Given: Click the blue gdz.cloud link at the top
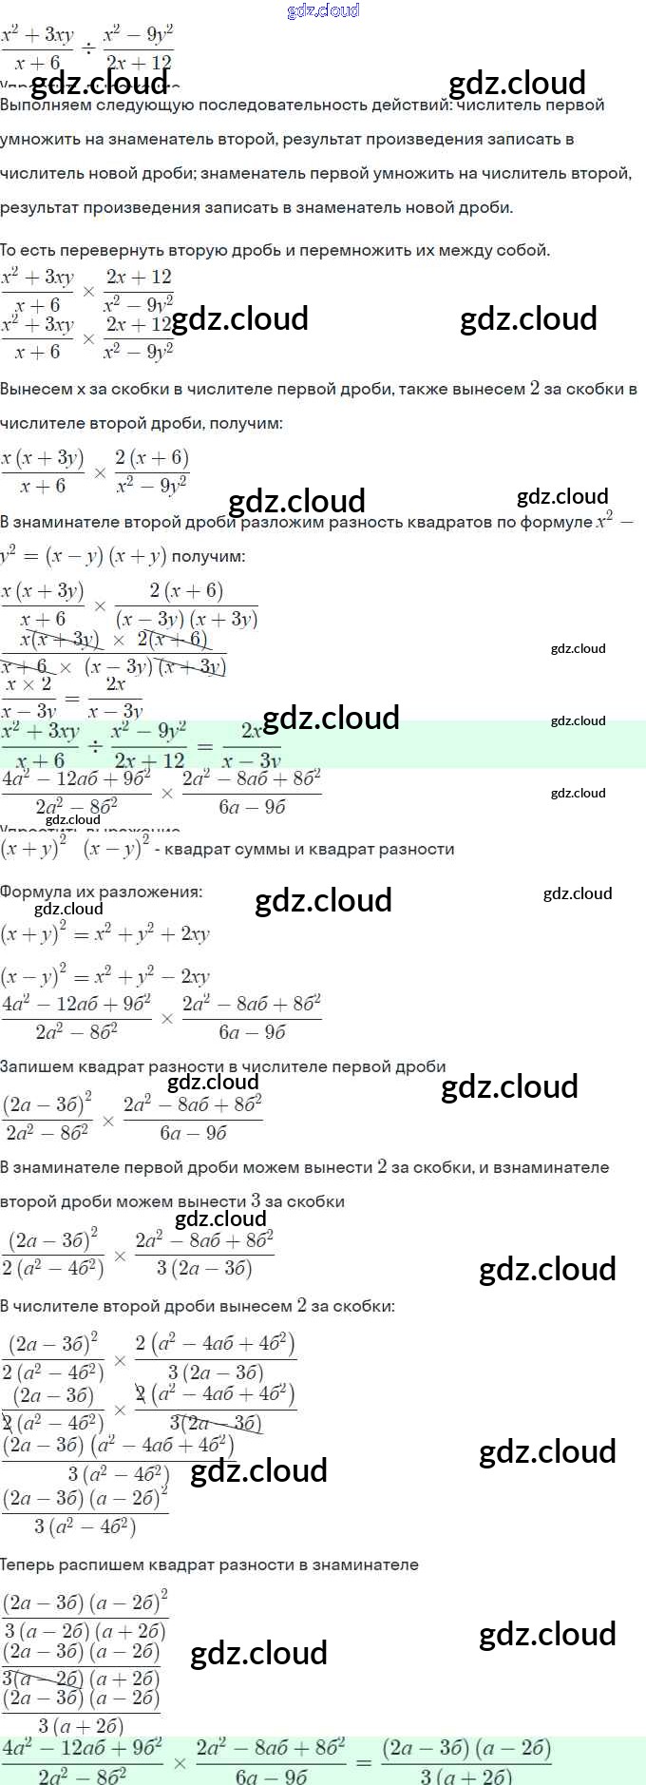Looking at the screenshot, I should [x=323, y=10].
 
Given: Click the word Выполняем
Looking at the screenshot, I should [x=44, y=105].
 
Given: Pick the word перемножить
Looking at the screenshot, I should [x=355, y=251].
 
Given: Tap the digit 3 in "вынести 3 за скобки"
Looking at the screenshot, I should [x=256, y=1201].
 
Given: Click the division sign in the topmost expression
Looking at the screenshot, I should [x=87, y=48].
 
